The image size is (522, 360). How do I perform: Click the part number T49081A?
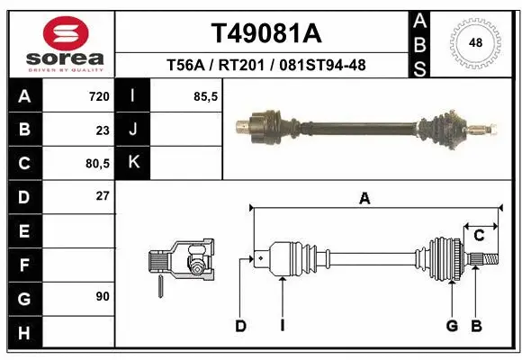click(265, 33)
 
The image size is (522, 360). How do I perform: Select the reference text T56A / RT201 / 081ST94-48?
click(265, 65)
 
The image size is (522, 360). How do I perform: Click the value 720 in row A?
click(98, 96)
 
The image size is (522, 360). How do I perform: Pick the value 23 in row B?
click(102, 130)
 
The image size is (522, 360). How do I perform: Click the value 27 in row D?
click(102, 195)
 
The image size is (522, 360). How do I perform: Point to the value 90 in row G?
click(102, 296)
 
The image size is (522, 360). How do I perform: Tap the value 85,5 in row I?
click(206, 96)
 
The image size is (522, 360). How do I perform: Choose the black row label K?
click(133, 163)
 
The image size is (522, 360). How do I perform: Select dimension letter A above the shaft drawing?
click(364, 200)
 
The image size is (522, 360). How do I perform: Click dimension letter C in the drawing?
click(480, 236)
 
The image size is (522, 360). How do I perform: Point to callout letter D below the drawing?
click(240, 326)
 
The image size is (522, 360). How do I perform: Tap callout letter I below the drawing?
click(282, 326)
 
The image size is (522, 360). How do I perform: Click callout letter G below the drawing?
click(452, 326)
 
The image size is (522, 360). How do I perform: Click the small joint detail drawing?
click(180, 265)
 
